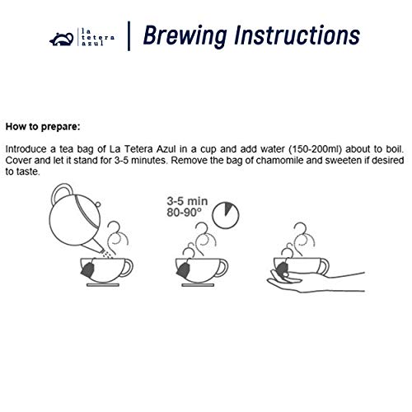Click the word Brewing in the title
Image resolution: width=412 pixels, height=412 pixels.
click(182, 36)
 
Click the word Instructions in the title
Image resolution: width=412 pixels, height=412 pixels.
click(292, 36)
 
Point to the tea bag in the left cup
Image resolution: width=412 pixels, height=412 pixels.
click(87, 268)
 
